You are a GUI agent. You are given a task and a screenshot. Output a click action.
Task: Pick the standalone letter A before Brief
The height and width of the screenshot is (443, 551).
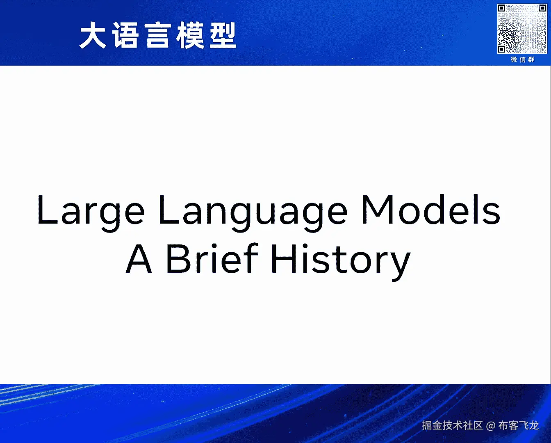click(x=139, y=258)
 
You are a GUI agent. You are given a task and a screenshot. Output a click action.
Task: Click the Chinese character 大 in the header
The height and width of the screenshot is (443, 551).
click(x=93, y=35)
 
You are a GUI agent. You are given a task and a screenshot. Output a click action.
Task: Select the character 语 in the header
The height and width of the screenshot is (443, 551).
click(x=125, y=35)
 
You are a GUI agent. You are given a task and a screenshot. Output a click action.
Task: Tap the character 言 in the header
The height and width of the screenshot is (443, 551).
click(x=157, y=35)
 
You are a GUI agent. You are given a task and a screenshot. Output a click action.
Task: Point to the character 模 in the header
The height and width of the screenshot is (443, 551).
click(x=190, y=35)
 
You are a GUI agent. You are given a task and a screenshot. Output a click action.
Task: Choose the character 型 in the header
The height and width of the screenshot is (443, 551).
click(x=223, y=35)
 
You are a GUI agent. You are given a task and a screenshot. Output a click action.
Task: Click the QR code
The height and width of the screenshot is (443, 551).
click(x=522, y=29)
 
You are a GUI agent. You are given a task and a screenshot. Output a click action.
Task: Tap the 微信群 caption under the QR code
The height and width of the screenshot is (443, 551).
click(x=523, y=60)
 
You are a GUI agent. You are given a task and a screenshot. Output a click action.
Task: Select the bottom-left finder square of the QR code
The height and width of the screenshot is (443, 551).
click(x=502, y=49)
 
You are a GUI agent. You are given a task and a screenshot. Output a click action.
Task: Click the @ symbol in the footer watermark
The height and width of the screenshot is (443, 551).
click(x=490, y=426)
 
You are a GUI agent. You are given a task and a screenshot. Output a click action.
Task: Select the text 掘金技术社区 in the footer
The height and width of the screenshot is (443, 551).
click(x=453, y=425)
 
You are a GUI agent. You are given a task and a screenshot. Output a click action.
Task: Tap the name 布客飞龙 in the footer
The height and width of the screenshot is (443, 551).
click(x=519, y=425)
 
